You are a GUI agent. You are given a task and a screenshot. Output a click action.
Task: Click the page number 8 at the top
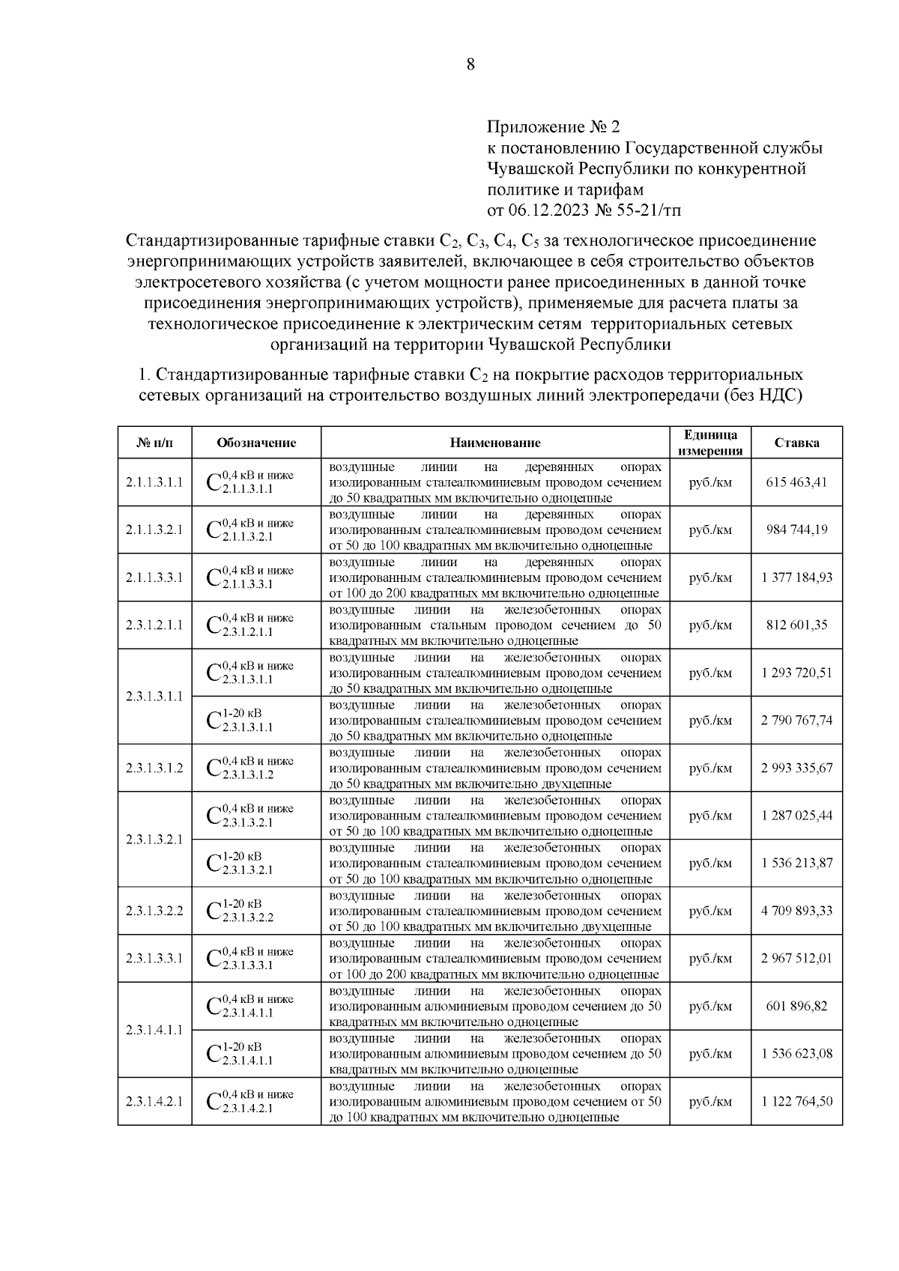pos(470,64)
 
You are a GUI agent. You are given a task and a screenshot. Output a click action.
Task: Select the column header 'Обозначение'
pos(256,443)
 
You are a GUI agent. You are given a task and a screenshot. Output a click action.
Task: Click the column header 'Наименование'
pos(495,443)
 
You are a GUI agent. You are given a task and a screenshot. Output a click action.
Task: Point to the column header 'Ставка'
pos(796,443)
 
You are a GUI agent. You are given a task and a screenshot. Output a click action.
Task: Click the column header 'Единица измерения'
pos(710,443)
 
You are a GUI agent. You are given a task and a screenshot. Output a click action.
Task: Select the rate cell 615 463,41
pos(796,482)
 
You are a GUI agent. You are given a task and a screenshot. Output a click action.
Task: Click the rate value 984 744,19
pos(796,530)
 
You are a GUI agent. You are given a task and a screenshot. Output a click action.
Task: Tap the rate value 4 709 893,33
pos(796,911)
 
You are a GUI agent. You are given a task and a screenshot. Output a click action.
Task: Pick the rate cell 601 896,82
pos(796,1006)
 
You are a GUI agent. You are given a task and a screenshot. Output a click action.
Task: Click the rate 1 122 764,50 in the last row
pos(796,1102)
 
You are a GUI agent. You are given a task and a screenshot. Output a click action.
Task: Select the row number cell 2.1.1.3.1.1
pos(154,482)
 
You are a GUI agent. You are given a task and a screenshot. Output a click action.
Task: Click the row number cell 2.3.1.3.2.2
pos(154,911)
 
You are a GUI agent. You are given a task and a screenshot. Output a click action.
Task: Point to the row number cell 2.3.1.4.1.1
pos(154,1030)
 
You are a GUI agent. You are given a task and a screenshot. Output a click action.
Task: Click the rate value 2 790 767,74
pos(796,721)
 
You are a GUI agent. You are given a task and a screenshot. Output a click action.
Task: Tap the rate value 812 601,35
pos(796,625)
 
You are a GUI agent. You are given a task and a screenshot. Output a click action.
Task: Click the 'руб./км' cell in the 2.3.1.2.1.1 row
pos(710,625)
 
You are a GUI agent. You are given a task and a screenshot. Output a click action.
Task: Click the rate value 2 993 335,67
pos(796,768)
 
